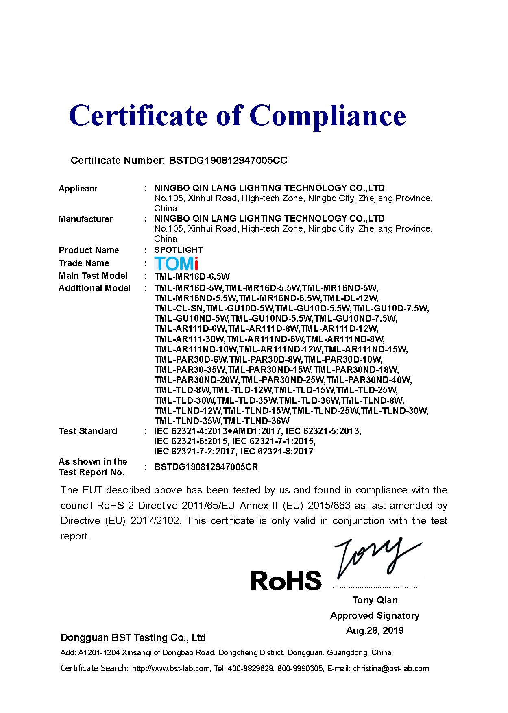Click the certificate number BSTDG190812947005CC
(228, 161)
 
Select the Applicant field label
(78, 189)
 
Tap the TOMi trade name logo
(176, 263)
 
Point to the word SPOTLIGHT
(178, 250)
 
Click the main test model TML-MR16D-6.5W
(192, 277)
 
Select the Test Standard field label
(88, 431)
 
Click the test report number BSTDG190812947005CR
(206, 467)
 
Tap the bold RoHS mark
(286, 580)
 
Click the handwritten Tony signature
(376, 557)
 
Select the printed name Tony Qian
(375, 600)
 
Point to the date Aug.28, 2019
(375, 630)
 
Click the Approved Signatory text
(375, 615)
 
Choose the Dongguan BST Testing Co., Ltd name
(133, 637)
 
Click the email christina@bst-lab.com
(391, 669)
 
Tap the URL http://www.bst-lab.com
(171, 669)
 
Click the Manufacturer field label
(85, 219)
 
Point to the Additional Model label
(95, 288)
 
